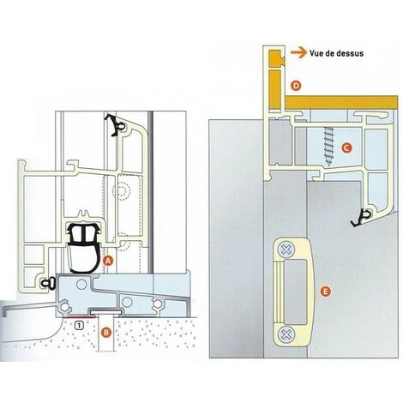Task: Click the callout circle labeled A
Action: click(x=108, y=261)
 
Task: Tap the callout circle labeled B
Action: click(x=106, y=333)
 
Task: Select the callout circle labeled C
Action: click(x=346, y=147)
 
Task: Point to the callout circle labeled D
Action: click(x=297, y=86)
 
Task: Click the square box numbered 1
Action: click(x=80, y=324)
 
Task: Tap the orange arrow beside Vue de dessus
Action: click(x=298, y=53)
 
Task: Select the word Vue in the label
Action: click(x=315, y=53)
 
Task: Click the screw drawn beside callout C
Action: click(x=328, y=146)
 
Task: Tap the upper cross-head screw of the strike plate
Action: click(x=286, y=250)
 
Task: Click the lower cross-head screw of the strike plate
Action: click(x=286, y=334)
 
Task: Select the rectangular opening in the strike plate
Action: click(x=296, y=292)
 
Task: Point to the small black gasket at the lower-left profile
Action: click(x=46, y=283)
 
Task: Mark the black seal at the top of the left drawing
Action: click(x=115, y=125)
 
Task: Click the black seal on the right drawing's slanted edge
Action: click(x=360, y=219)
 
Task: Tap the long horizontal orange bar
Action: click(x=342, y=102)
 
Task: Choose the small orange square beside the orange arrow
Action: click(x=276, y=57)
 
